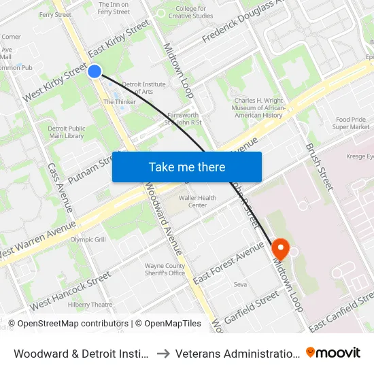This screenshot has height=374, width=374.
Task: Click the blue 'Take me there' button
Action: point(187,167)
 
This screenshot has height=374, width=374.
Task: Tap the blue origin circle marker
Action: point(95,71)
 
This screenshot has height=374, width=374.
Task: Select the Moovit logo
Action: point(333,352)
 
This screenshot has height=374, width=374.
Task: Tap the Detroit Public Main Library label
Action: point(66,132)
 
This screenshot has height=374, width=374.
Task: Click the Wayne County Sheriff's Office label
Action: point(165,269)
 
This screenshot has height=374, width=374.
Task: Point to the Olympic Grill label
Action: point(88,239)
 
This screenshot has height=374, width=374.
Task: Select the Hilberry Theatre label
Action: point(90,305)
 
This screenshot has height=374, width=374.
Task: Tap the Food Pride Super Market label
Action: point(352,123)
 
